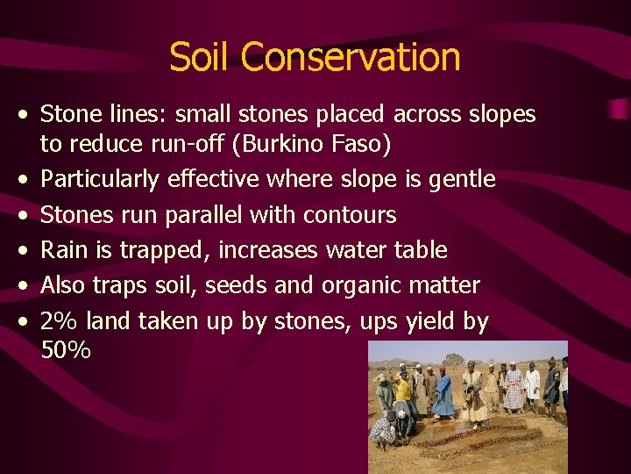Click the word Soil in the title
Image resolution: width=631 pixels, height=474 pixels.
[202, 57]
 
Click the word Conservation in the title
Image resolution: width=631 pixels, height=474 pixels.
[351, 57]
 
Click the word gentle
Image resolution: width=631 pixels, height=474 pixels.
[462, 180]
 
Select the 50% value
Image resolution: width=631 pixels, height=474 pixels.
[66, 350]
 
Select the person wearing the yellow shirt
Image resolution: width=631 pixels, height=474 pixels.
[403, 391]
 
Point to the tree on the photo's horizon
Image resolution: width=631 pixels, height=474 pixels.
[454, 358]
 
